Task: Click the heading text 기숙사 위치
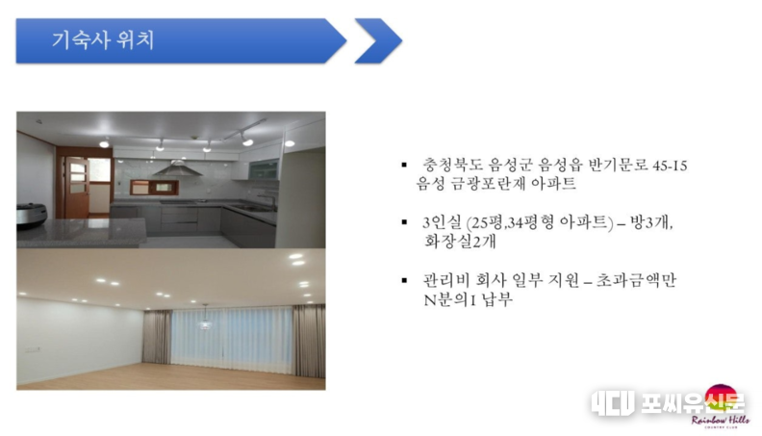pos(103,40)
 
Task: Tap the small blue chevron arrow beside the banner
pos(378,40)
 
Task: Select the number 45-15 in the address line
pos(670,166)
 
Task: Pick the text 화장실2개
pos(460,241)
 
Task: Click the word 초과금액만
pos(636,280)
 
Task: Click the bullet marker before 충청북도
pos(404,166)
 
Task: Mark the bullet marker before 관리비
pos(404,280)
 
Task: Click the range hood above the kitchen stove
pos(177,168)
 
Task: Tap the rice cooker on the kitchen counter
pos(32,216)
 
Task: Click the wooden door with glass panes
pos(77,187)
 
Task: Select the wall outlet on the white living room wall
pos(33,350)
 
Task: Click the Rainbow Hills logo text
pos(721,421)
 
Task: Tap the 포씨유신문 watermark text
pos(692,403)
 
